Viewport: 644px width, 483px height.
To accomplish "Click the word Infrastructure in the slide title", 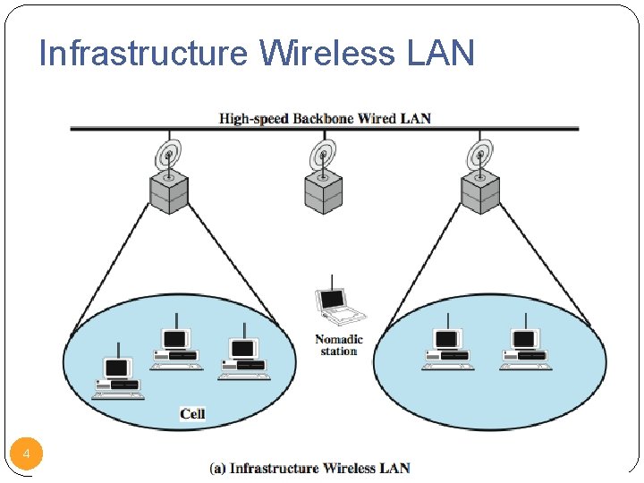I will pos(143,54).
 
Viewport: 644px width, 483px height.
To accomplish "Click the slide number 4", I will pos(27,455).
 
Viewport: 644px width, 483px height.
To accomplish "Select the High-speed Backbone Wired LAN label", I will pos(325,118).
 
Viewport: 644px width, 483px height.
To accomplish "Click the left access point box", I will pos(168,191).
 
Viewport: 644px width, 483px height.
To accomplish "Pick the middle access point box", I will pos(323,191).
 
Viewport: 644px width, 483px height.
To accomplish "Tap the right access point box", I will pos(479,191).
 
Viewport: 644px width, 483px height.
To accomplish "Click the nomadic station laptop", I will pos(340,305).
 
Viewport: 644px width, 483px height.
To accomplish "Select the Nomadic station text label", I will pos(339,345).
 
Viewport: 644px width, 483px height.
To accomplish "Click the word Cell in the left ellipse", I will pos(192,413).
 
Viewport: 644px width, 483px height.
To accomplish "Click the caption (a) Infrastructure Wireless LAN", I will pos(309,468).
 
